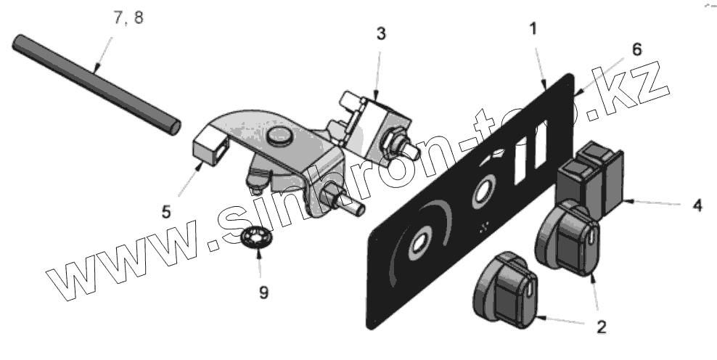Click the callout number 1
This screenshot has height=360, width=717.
pos(533,30)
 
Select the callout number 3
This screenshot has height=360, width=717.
pos(381,33)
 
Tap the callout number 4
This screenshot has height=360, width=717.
pos(697,205)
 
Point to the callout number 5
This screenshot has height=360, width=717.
pos(166,212)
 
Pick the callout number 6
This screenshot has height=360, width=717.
pos(636,49)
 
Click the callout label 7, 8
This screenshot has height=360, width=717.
pos(128,18)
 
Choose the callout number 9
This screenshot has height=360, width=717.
pos(263,292)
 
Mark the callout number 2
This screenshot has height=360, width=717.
pos(602,327)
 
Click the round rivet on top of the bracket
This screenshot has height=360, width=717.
pos(278,135)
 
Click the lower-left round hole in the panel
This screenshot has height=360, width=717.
pos(420,245)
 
